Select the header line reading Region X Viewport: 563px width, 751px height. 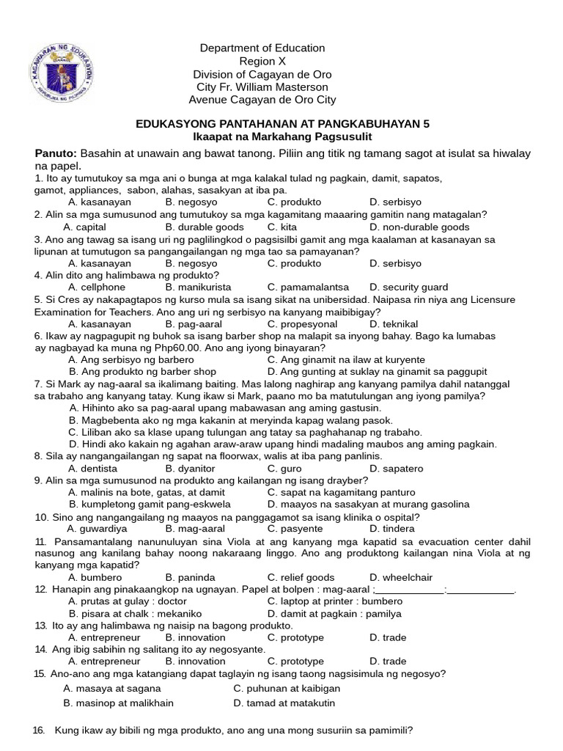click(262, 62)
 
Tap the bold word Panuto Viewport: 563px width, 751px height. click(56, 153)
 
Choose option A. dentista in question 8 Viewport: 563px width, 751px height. click(92, 468)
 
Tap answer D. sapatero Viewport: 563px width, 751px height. click(396, 468)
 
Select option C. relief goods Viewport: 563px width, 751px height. click(301, 577)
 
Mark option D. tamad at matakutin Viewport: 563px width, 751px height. click(284, 703)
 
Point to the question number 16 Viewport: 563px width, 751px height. click(40, 730)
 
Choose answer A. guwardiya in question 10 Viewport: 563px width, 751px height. click(97, 528)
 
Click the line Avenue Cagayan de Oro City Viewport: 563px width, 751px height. click(262, 100)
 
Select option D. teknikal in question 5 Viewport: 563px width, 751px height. click(394, 323)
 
